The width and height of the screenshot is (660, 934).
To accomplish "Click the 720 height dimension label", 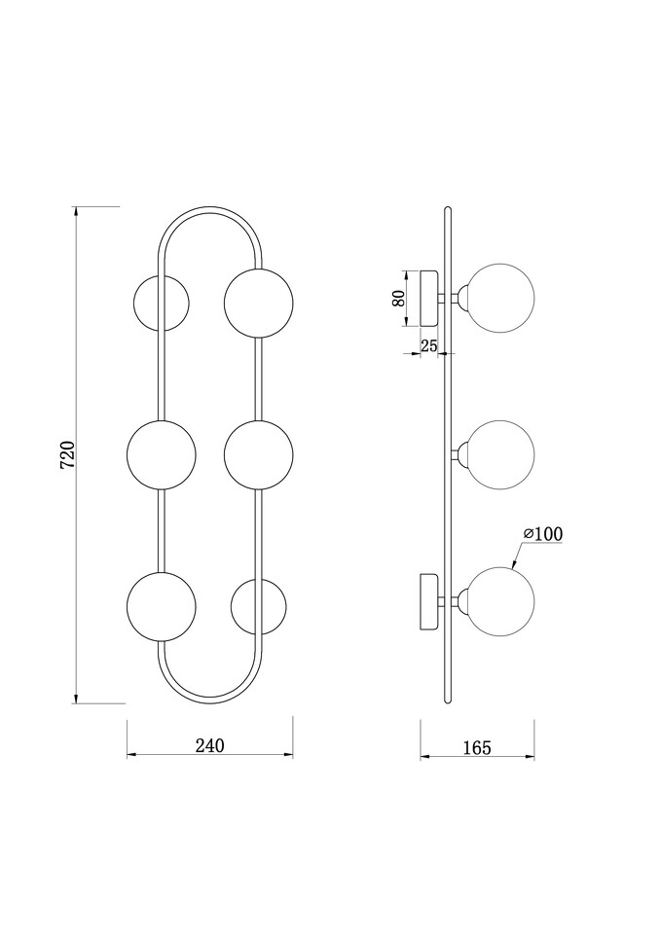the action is pyautogui.click(x=68, y=454).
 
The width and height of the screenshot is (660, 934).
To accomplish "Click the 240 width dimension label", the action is pyautogui.click(x=210, y=745).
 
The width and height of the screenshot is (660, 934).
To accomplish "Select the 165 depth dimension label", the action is pyautogui.click(x=477, y=747).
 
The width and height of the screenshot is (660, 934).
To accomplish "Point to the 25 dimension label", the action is pyautogui.click(x=429, y=344).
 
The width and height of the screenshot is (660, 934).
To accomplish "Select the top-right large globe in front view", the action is pyautogui.click(x=259, y=303).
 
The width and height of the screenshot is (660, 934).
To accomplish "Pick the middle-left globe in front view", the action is pyautogui.click(x=161, y=454).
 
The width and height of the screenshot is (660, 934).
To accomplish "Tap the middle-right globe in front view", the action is pyautogui.click(x=259, y=454).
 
